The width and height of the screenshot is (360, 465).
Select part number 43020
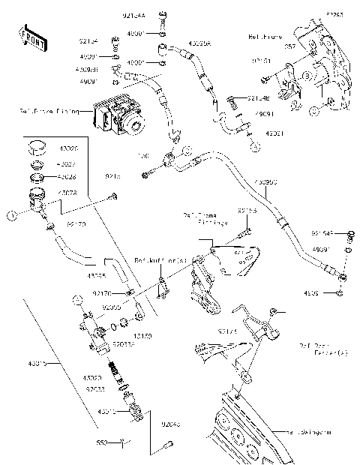(x=94, y=378)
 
